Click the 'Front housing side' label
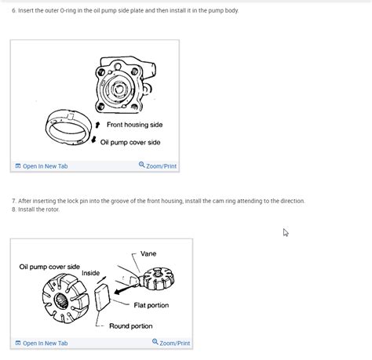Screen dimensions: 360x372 pyautogui.click(x=134, y=125)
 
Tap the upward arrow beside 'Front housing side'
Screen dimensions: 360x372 pyautogui.click(x=97, y=125)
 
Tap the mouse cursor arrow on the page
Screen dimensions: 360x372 pyautogui.click(x=286, y=232)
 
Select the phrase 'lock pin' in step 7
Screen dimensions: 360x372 pyautogui.click(x=78, y=201)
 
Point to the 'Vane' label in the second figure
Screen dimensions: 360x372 pyautogui.click(x=148, y=254)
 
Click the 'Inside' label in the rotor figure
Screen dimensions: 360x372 pyautogui.click(x=91, y=273)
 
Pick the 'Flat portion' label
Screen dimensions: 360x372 pyautogui.click(x=151, y=305)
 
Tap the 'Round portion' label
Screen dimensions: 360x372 pyautogui.click(x=131, y=325)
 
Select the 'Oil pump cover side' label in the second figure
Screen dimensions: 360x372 pyautogui.click(x=49, y=267)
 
